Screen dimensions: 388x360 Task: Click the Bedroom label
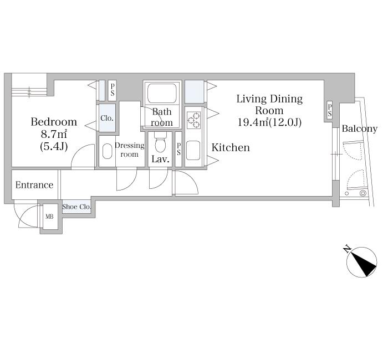click(x=54, y=122)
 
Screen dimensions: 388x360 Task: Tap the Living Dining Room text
click(x=269, y=104)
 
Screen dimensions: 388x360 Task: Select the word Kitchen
click(x=231, y=148)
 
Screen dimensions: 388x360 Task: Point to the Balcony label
click(x=360, y=128)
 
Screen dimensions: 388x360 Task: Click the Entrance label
click(x=34, y=185)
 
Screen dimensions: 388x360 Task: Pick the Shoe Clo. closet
click(x=76, y=207)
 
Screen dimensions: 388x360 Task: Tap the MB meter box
click(x=49, y=217)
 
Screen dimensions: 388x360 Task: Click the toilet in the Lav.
click(x=160, y=143)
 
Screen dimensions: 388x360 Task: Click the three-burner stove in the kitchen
click(x=194, y=120)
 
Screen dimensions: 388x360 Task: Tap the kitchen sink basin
click(x=193, y=150)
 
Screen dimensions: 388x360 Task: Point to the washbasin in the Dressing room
click(x=107, y=151)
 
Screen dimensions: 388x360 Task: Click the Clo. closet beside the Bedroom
click(x=108, y=118)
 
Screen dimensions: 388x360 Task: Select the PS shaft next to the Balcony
click(x=330, y=110)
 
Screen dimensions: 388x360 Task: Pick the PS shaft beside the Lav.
click(x=178, y=149)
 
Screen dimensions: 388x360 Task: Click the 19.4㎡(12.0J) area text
click(x=269, y=122)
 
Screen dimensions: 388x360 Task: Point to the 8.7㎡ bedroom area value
click(x=54, y=134)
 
